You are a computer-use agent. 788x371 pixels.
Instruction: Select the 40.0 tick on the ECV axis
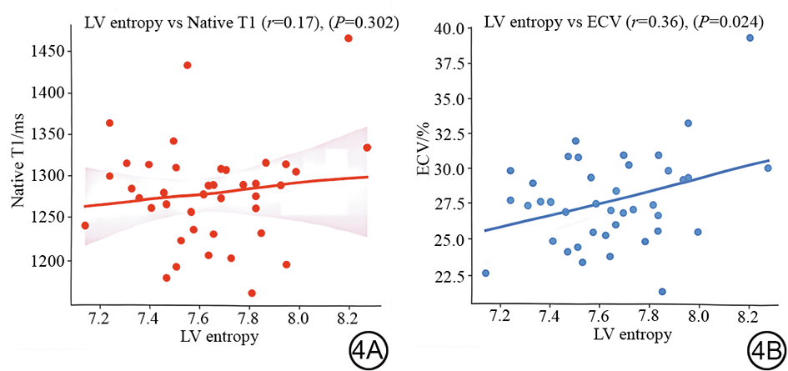point(450,29)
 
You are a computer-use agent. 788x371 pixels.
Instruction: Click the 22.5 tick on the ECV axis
point(450,276)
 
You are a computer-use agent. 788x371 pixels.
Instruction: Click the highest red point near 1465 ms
point(349,38)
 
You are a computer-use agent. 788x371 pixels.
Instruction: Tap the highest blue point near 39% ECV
point(750,38)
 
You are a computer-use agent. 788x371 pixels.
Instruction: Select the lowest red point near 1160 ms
point(252,293)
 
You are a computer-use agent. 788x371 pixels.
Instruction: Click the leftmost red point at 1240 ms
point(85,225)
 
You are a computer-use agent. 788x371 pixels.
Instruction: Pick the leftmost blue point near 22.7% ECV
point(485,273)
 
